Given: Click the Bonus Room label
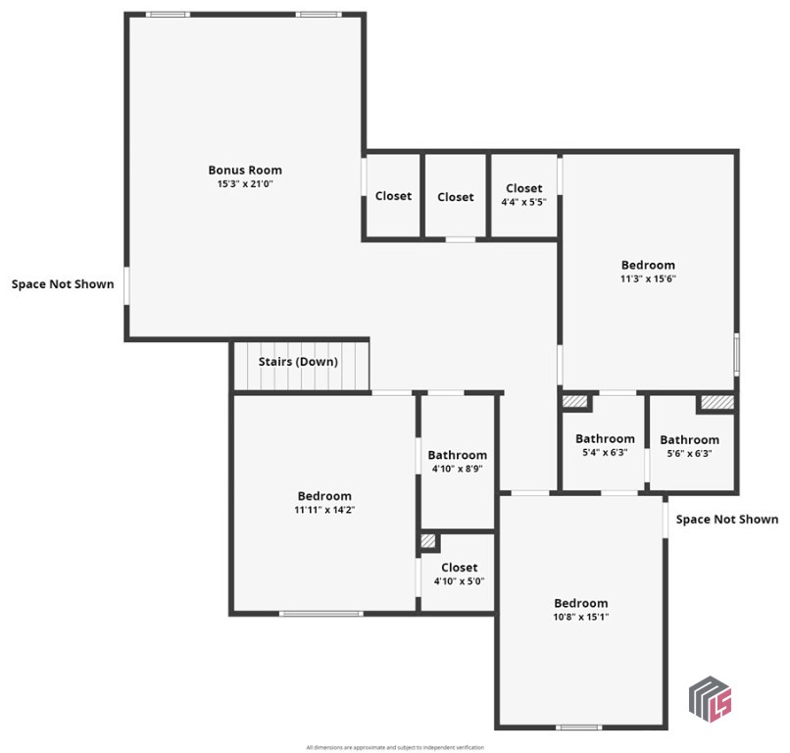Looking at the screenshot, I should pos(244,170).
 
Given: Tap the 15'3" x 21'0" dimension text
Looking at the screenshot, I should pos(244,184).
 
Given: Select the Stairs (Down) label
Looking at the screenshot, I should pos(298,362).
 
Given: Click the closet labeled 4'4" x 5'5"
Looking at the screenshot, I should pos(523,195).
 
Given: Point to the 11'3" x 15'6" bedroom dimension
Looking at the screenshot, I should pos(648,278).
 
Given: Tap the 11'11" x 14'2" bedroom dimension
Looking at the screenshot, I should pos(323,510).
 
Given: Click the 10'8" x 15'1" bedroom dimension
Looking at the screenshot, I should pos(580,617).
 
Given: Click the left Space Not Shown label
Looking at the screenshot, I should pos(63,284).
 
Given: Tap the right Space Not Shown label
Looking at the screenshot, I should pos(727,520).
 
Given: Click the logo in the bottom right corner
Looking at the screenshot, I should pos(711,698).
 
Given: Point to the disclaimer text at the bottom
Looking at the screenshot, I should pos(395,747).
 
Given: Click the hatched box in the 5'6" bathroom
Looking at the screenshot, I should pos(716,402).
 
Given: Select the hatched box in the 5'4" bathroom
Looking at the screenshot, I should pos(574,401).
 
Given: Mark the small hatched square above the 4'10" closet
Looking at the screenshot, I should pos(428,541).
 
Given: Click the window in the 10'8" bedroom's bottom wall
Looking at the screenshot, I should pos(578,727).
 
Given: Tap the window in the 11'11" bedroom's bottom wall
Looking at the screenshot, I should pos(319,614).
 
